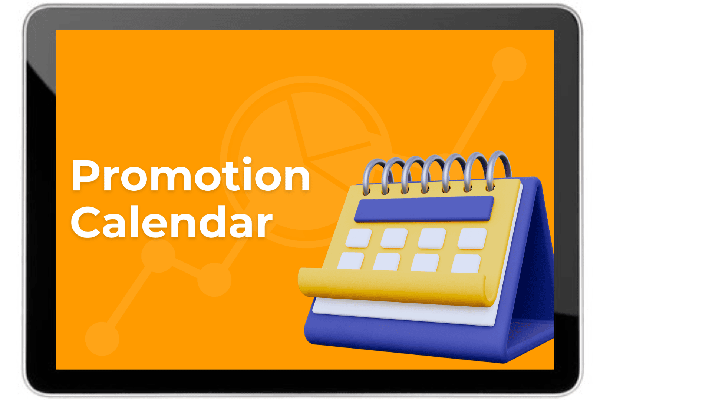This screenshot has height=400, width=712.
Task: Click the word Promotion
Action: [191, 175]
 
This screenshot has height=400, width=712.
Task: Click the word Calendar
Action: [172, 222]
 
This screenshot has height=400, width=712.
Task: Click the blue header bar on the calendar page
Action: [424, 209]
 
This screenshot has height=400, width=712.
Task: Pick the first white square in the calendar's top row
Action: [359, 238]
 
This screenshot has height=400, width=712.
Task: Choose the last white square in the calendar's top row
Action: [472, 238]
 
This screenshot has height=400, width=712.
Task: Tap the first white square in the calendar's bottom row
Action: [351, 261]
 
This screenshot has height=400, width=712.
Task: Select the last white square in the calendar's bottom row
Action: [466, 264]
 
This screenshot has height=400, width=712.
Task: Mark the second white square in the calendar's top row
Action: [394, 238]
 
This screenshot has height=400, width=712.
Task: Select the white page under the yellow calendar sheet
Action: [404, 313]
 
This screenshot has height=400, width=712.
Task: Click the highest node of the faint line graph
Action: [509, 64]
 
